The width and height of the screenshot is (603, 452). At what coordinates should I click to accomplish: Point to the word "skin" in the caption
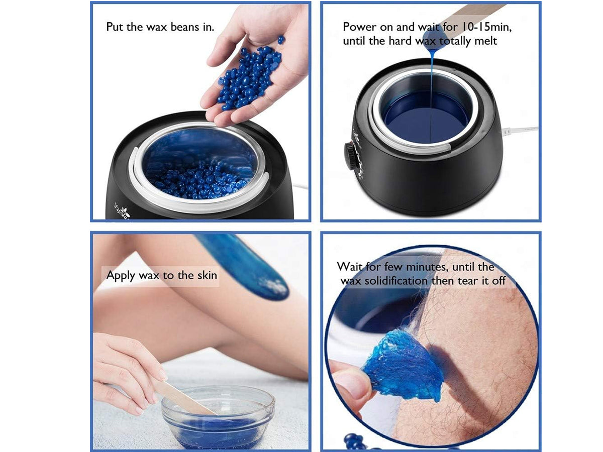tap(207, 275)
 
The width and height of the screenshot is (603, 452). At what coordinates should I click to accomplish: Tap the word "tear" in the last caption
tap(468, 281)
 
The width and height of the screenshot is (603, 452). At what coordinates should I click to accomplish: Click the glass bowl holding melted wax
tap(218, 418)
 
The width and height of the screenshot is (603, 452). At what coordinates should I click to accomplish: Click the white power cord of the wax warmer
tap(520, 130)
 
